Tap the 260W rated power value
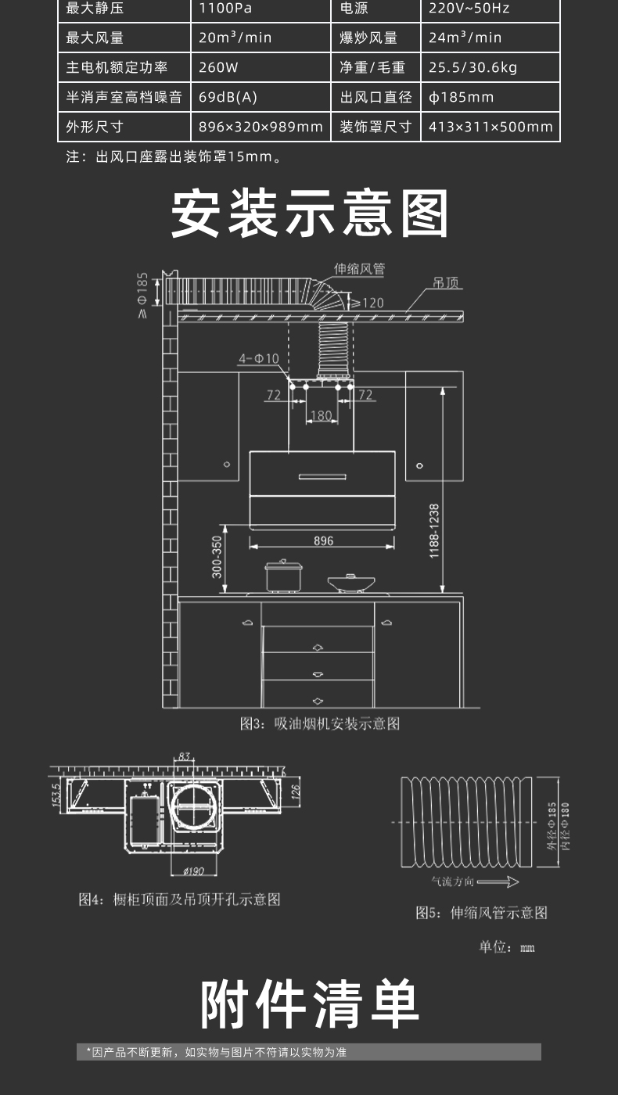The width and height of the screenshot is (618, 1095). pyautogui.click(x=218, y=67)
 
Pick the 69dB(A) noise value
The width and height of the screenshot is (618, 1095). pyautogui.click(x=228, y=97)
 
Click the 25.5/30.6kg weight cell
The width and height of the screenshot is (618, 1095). pyautogui.click(x=472, y=67)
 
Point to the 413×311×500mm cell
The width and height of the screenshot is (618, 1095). pyautogui.click(x=490, y=127)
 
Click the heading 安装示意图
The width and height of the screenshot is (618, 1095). pyautogui.click(x=310, y=214)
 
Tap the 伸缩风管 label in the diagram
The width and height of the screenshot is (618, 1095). pyautogui.click(x=359, y=269)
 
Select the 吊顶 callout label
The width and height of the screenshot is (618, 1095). pyautogui.click(x=447, y=282)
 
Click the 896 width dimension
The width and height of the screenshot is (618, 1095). pyautogui.click(x=323, y=540)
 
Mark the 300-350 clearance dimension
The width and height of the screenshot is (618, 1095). pyautogui.click(x=217, y=556)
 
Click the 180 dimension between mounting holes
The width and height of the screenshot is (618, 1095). pyautogui.click(x=322, y=415)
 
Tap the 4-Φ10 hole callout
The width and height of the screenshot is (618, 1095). pyautogui.click(x=259, y=358)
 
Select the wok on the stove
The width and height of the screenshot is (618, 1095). pyautogui.click(x=350, y=582)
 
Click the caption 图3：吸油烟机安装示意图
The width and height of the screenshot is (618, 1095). pyautogui.click(x=319, y=723)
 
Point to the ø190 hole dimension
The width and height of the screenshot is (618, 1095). pyautogui.click(x=193, y=871)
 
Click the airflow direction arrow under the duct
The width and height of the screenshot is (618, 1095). pyautogui.click(x=498, y=882)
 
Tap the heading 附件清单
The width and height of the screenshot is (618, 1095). pyautogui.click(x=310, y=1004)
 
